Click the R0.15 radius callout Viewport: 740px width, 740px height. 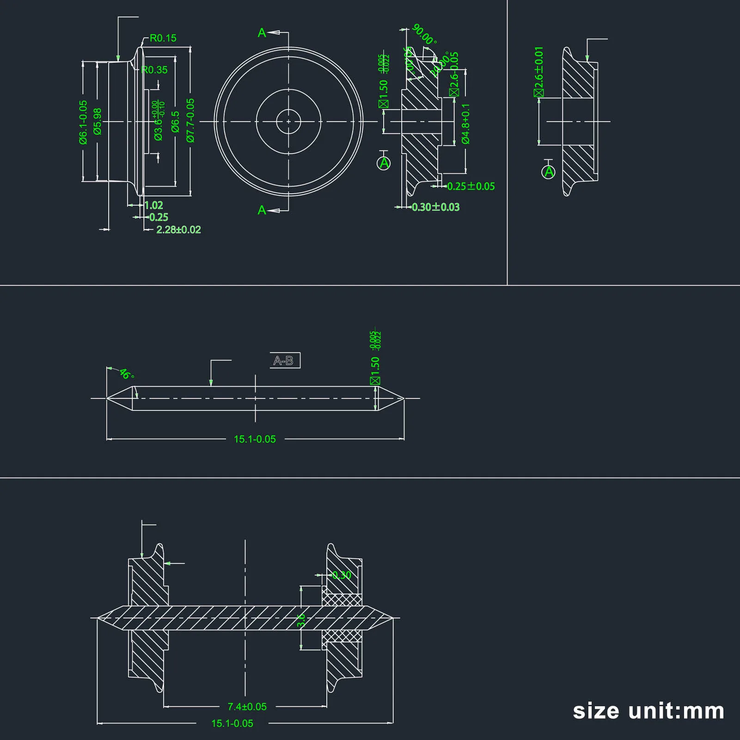[163, 38]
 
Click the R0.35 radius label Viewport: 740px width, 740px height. [155, 70]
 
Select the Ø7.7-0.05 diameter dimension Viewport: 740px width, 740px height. [190, 120]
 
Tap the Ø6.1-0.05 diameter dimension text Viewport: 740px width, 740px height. [83, 122]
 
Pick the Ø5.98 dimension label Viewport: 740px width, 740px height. [98, 122]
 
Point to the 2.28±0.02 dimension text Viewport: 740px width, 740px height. [178, 230]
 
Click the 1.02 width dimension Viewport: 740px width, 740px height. [154, 205]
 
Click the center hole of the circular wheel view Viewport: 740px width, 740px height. [288, 122]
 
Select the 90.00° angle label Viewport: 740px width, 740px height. [424, 35]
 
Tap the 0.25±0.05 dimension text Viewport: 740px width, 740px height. [471, 186]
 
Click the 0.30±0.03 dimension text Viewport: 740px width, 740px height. [435, 207]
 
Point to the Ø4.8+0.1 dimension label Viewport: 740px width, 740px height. [465, 124]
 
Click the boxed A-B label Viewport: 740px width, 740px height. [285, 361]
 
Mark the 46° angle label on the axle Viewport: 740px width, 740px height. [126, 373]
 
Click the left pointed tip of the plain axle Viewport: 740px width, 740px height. [108, 398]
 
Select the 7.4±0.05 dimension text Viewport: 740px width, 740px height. [247, 707]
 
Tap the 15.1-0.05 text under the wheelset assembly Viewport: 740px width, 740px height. [232, 723]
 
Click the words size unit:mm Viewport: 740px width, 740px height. [648, 711]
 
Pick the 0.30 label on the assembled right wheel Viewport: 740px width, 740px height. [342, 575]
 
